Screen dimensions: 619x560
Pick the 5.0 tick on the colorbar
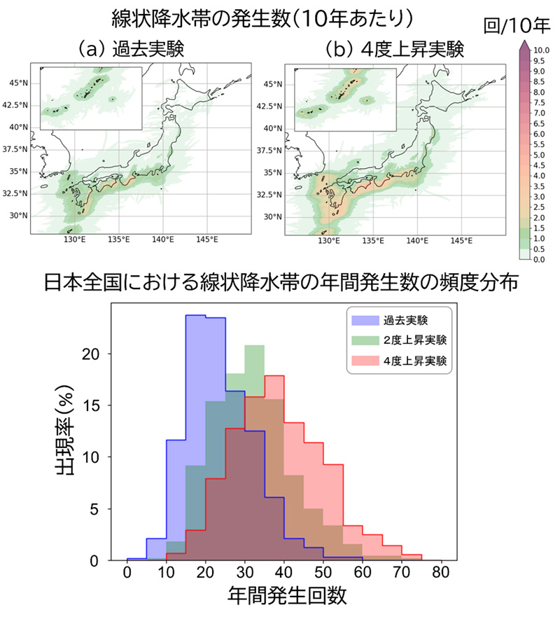[x=538, y=155]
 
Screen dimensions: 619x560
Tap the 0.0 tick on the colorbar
[x=538, y=260]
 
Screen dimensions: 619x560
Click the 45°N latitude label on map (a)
[x=19, y=83]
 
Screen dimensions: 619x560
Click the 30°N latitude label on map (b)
[x=273, y=216]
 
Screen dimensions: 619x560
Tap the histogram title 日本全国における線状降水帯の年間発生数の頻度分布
[x=280, y=283]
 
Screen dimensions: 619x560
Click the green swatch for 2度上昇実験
[x=364, y=341]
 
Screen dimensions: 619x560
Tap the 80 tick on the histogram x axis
[x=440, y=573]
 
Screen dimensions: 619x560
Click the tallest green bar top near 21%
[x=254, y=346]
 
